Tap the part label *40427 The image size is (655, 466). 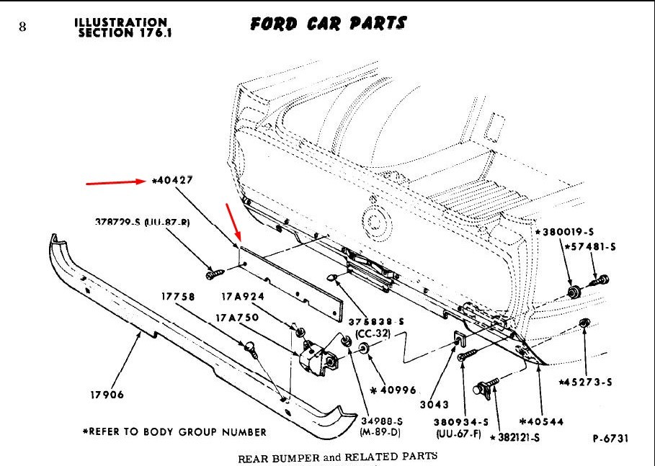172,180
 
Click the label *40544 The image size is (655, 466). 541,421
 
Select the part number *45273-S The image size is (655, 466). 587,382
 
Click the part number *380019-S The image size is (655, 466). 564,232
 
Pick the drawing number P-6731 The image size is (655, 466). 612,438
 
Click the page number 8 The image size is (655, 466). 22,27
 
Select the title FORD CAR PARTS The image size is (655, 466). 328,24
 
